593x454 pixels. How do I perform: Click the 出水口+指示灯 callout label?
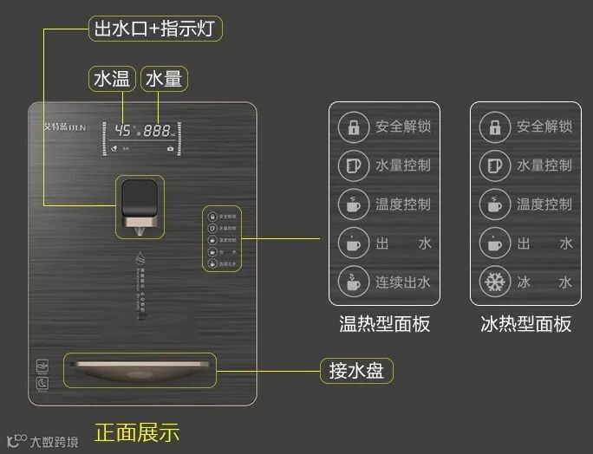[x=156, y=29]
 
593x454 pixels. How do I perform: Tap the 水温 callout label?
[x=112, y=80]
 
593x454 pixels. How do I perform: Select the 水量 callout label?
[x=164, y=80]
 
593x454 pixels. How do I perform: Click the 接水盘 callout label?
[x=356, y=371]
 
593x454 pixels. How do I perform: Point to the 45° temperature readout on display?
[x=122, y=131]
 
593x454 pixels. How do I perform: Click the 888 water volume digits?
[x=157, y=131]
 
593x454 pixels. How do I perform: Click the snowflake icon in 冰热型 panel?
[x=494, y=282]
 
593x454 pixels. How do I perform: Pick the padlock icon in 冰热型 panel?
[x=494, y=127]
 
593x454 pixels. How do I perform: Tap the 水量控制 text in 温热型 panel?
[x=402, y=165]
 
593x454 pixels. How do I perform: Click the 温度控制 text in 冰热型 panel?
[x=544, y=204]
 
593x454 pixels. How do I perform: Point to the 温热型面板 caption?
[x=384, y=324]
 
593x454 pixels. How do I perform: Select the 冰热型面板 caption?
[x=526, y=324]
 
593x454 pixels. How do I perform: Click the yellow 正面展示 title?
[x=137, y=431]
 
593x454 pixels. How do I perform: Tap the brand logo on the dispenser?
[x=62, y=124]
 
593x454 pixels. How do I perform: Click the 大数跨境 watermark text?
[x=54, y=442]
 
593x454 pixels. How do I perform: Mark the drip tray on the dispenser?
[x=139, y=371]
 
